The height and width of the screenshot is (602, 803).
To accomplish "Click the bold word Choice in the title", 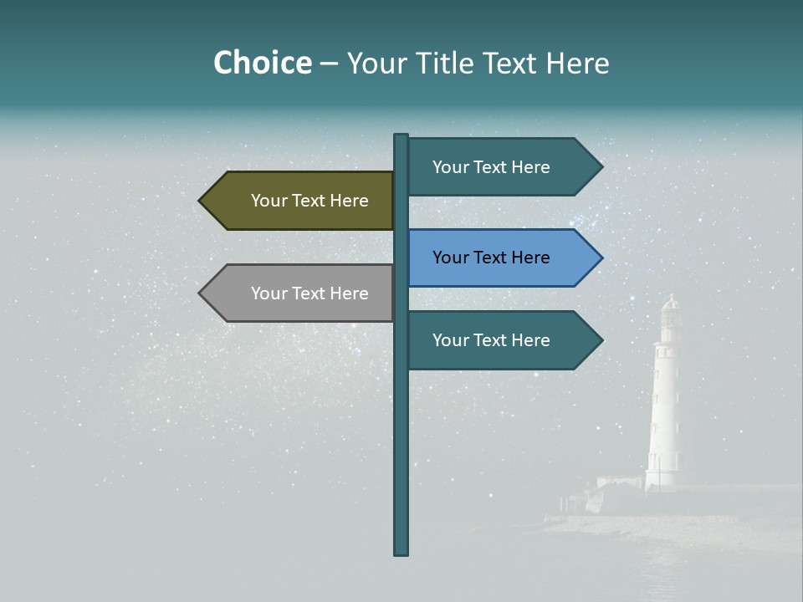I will pos(262,63).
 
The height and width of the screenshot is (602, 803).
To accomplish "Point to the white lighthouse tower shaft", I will pos(666,410).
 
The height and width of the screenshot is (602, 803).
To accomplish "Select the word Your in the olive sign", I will pos(269,201).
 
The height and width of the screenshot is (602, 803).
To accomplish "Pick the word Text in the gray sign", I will pos(310,293).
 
